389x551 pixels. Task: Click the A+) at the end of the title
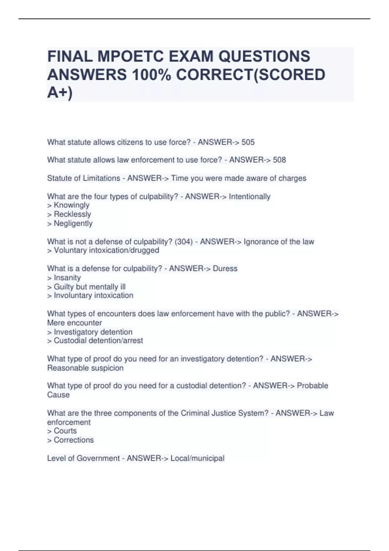[60, 93]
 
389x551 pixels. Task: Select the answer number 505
[248, 142]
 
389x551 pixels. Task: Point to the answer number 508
[279, 160]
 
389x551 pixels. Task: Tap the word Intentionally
[250, 196]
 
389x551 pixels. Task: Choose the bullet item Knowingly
[71, 205]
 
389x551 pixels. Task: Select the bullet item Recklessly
[72, 214]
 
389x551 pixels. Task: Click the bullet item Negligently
[73, 223]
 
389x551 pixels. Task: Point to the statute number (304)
[183, 242]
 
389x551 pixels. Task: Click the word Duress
[225, 269]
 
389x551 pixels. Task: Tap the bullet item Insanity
[67, 278]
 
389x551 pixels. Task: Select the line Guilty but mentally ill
[89, 287]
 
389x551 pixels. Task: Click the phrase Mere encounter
[75, 323]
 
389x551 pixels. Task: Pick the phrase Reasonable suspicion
[85, 368]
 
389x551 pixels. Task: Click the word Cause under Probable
[58, 395]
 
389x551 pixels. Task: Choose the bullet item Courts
[65, 431]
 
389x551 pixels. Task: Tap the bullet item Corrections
[74, 440]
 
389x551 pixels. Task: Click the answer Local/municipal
[197, 458]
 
